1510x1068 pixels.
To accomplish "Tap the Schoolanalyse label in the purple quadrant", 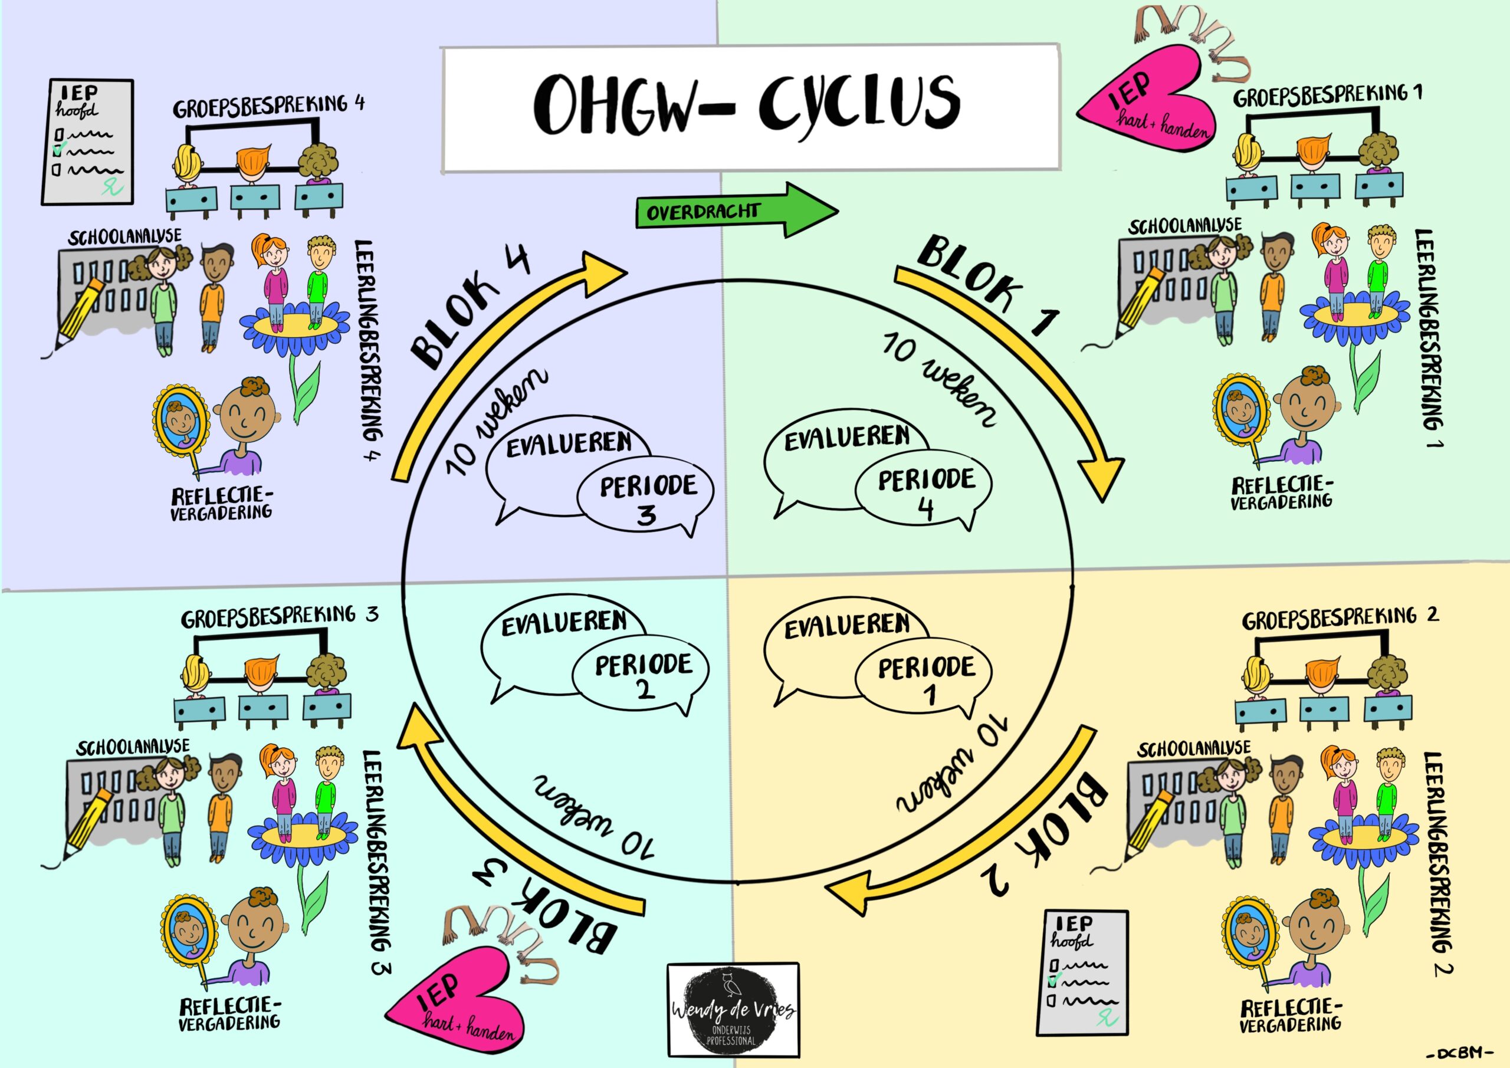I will tap(124, 236).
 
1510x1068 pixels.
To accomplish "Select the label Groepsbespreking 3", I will tap(280, 617).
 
